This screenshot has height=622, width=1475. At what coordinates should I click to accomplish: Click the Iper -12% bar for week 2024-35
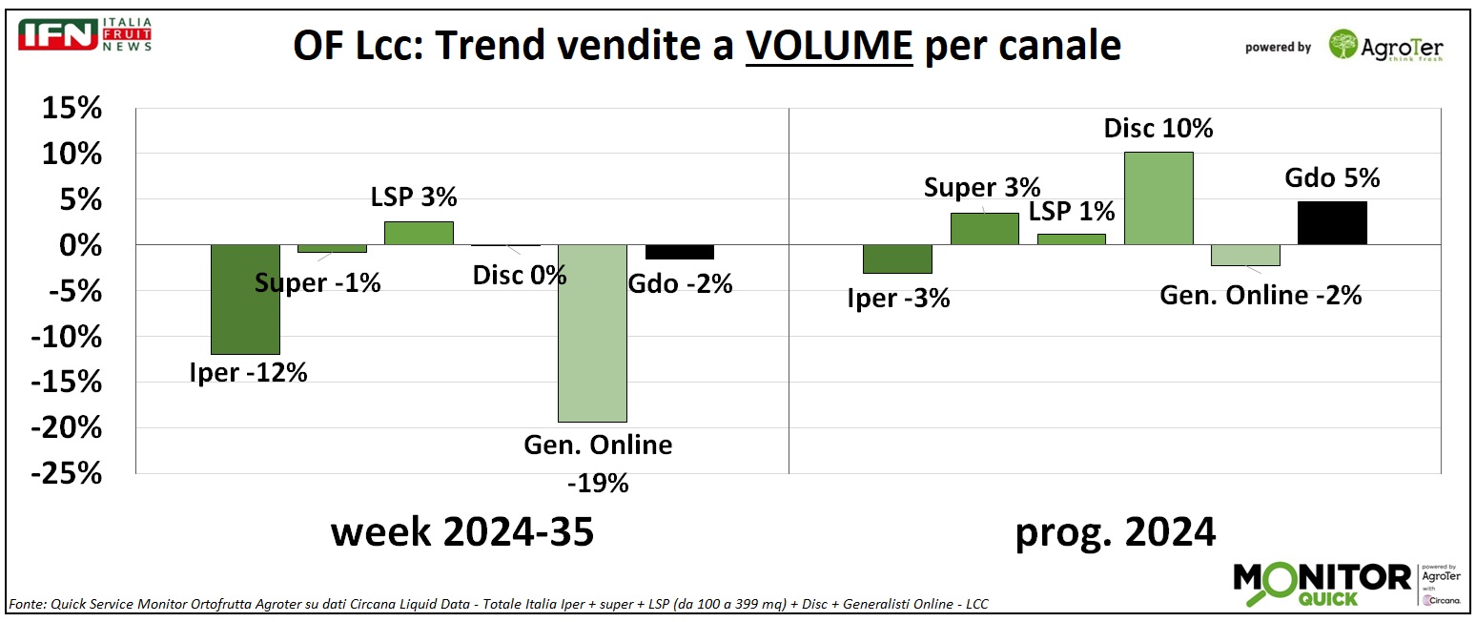pos(245,300)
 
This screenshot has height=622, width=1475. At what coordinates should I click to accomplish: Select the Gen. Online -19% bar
pos(592,333)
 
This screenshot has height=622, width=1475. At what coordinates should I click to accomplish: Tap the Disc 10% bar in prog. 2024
pos(1158,198)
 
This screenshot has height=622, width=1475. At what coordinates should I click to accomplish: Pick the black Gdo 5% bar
pos(1332,223)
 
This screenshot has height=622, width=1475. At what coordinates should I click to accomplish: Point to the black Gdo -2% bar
pos(679,253)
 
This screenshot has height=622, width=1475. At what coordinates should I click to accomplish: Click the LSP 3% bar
pos(419,234)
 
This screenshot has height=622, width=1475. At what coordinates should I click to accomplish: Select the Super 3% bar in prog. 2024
pos(984,229)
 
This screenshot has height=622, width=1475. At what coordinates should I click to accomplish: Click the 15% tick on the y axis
pos(72,109)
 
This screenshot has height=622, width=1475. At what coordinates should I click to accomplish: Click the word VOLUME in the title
pos(829,46)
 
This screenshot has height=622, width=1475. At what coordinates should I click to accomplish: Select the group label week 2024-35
pos(462,532)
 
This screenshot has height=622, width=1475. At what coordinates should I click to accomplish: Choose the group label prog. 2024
pos(1115,532)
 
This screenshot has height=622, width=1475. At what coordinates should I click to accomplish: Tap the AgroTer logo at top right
pos(1387,44)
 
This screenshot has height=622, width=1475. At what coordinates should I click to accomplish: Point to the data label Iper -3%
pos(898,298)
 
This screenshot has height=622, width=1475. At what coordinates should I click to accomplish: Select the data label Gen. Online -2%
pos(1260,295)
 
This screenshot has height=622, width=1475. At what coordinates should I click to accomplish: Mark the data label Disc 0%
pos(520,276)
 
